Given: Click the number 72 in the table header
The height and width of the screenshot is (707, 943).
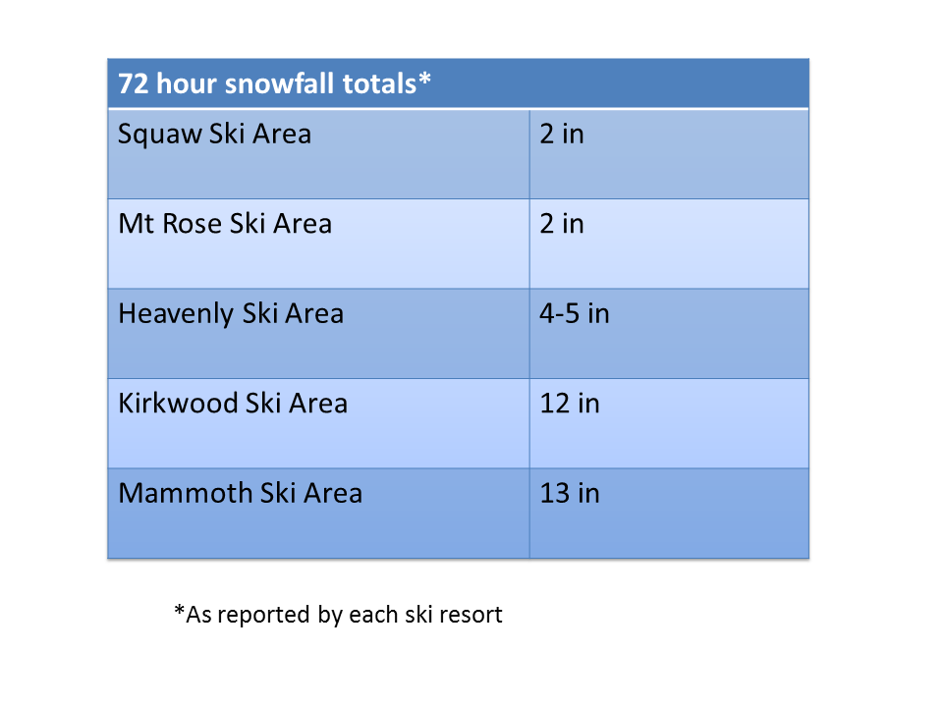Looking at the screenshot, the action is click(x=133, y=83).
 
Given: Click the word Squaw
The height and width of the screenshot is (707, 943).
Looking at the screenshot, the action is click(x=159, y=135).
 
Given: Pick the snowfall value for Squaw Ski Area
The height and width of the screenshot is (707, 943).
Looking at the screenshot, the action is click(x=562, y=134).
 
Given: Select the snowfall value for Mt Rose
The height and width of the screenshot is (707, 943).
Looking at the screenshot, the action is click(x=562, y=224).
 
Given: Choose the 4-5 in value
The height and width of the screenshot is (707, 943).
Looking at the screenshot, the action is click(x=575, y=313).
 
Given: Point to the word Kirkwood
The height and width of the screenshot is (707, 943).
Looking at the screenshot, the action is click(x=178, y=403).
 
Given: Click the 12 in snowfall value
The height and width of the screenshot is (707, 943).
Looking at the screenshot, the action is click(x=570, y=403).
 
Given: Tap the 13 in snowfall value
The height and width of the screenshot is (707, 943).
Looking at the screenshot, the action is click(x=570, y=493).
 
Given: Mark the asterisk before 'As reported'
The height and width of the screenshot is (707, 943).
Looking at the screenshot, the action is click(x=179, y=610).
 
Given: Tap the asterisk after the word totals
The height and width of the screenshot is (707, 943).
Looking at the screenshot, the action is click(x=424, y=78).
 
